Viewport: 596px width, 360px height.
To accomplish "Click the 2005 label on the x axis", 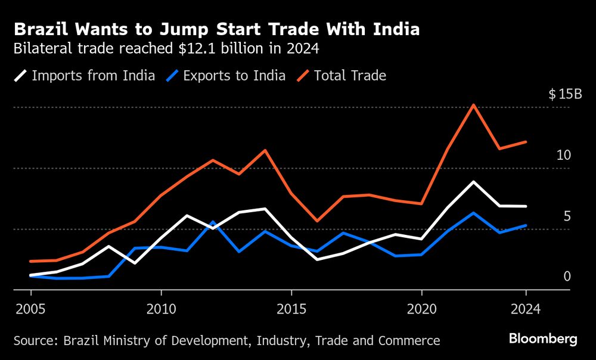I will [30, 309].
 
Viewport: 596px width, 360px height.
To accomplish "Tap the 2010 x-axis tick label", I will [161, 309].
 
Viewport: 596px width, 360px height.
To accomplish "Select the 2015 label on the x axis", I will [291, 309].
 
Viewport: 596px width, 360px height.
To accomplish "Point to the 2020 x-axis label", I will [422, 309].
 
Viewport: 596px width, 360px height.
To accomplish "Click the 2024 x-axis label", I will [526, 309].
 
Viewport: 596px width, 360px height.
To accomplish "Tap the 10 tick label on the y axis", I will [563, 155].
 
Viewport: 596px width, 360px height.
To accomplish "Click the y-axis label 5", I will [567, 216].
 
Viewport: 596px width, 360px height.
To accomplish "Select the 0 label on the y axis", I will [567, 276].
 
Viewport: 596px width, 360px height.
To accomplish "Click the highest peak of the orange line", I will [474, 105].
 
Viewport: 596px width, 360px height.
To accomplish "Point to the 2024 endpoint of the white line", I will [526, 206].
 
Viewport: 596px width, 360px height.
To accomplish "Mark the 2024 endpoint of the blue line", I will [526, 225].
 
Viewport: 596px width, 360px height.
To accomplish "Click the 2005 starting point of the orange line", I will [30, 261].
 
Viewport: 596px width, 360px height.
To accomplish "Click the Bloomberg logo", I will [543, 339].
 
